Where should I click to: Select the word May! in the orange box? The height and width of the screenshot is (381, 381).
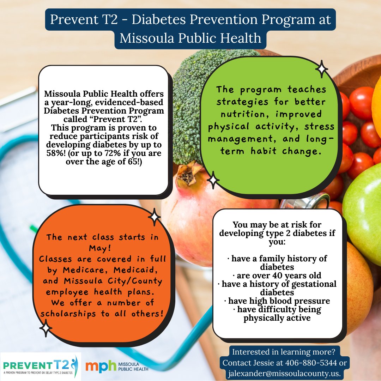[99, 248]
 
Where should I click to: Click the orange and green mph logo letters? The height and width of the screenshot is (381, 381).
[101, 366]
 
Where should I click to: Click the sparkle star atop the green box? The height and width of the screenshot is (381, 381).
[321, 69]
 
